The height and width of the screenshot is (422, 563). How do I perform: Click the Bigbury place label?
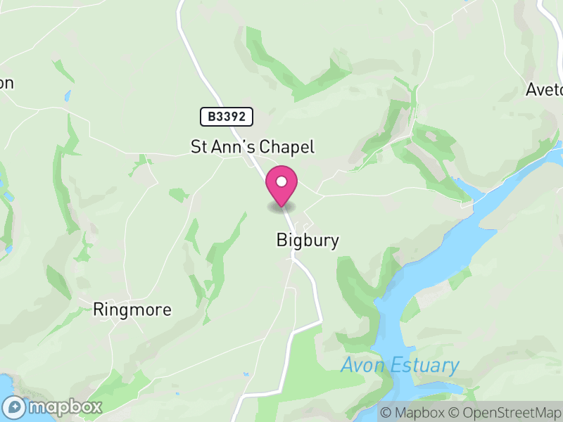click(308, 241)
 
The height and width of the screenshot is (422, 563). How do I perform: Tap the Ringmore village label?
click(132, 309)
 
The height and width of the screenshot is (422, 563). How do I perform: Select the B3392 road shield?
click(226, 117)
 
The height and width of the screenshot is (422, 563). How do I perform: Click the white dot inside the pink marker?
click(281, 182)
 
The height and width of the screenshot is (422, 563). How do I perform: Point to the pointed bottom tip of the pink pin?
click(281, 206)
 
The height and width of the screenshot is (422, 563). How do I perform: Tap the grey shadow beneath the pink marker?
click(281, 207)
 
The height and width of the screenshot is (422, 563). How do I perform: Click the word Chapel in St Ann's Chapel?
click(287, 147)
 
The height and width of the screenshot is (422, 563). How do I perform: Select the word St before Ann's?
click(199, 147)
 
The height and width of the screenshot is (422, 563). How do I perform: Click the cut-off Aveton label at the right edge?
click(545, 90)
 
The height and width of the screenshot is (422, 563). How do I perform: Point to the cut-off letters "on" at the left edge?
click(6, 83)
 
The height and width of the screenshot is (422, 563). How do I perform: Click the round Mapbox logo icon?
click(14, 407)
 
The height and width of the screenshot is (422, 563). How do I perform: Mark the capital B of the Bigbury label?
click(281, 241)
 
